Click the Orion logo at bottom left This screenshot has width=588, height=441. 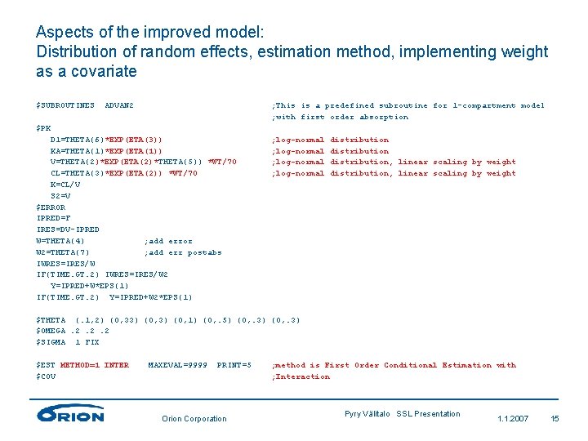(70, 414)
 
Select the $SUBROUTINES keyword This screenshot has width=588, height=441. (65, 105)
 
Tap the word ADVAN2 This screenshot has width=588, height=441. (119, 105)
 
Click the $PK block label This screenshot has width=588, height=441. (43, 128)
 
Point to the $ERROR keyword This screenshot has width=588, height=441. (51, 207)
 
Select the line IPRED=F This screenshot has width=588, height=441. (54, 219)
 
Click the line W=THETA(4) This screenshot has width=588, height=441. (60, 241)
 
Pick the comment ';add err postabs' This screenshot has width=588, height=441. (182, 252)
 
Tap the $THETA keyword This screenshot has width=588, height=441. (51, 320)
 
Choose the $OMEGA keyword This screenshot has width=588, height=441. (51, 331)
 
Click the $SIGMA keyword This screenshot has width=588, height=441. (51, 342)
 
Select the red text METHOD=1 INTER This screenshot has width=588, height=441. (95, 365)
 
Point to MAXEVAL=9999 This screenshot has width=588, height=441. (177, 365)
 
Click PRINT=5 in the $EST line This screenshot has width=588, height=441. (234, 365)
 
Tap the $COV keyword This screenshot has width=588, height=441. (46, 376)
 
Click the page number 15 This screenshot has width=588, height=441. (555, 419)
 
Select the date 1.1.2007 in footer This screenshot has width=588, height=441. (513, 419)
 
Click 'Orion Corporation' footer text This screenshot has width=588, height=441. (194, 419)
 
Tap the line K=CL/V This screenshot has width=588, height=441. (65, 185)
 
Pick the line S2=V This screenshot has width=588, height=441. (60, 196)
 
